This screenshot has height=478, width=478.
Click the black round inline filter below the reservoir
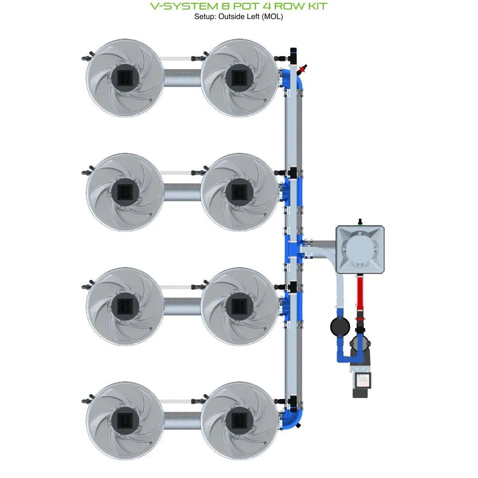pos(340,327)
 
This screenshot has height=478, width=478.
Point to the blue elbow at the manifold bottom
pos(295,419)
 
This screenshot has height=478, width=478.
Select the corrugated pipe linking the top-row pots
pos(182,77)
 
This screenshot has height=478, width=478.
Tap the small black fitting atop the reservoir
pos(360,221)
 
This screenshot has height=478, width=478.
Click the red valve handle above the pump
pos(360,318)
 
